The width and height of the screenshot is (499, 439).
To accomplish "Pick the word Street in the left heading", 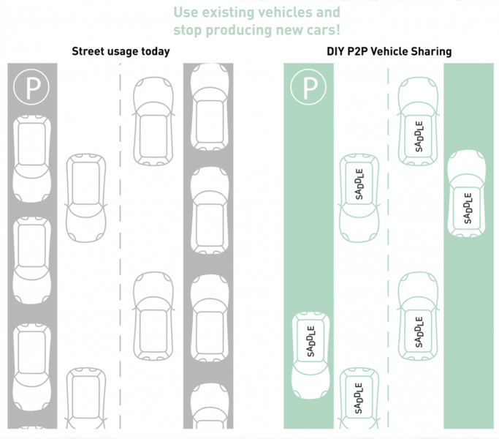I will coord(90,51).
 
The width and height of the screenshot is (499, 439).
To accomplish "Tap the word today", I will coord(155,51).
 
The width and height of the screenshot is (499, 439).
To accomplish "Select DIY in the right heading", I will coord(338,51).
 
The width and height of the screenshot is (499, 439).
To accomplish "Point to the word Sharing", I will coord(432,52).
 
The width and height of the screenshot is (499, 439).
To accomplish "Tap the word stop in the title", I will coord(188,31).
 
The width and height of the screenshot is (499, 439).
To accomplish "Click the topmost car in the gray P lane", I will coord(31,154).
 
